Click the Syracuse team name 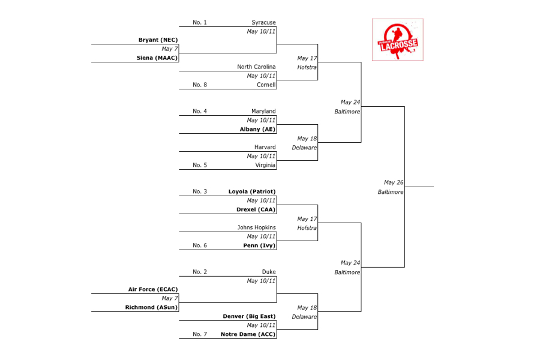(263, 22)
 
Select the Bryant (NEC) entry (158, 40)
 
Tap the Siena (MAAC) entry (157, 58)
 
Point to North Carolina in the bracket (256, 67)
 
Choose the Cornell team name (266, 85)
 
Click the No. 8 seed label (200, 85)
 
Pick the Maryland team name (263, 112)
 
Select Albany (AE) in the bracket (257, 129)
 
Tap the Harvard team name (265, 147)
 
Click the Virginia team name (265, 165)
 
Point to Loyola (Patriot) (252, 191)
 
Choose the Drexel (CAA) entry (256, 209)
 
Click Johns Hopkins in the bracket (256, 227)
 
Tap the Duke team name (269, 272)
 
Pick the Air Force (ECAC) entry (153, 289)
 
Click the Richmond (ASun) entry (151, 307)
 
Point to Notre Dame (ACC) (248, 334)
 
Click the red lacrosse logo (397, 40)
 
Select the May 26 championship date (393, 183)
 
